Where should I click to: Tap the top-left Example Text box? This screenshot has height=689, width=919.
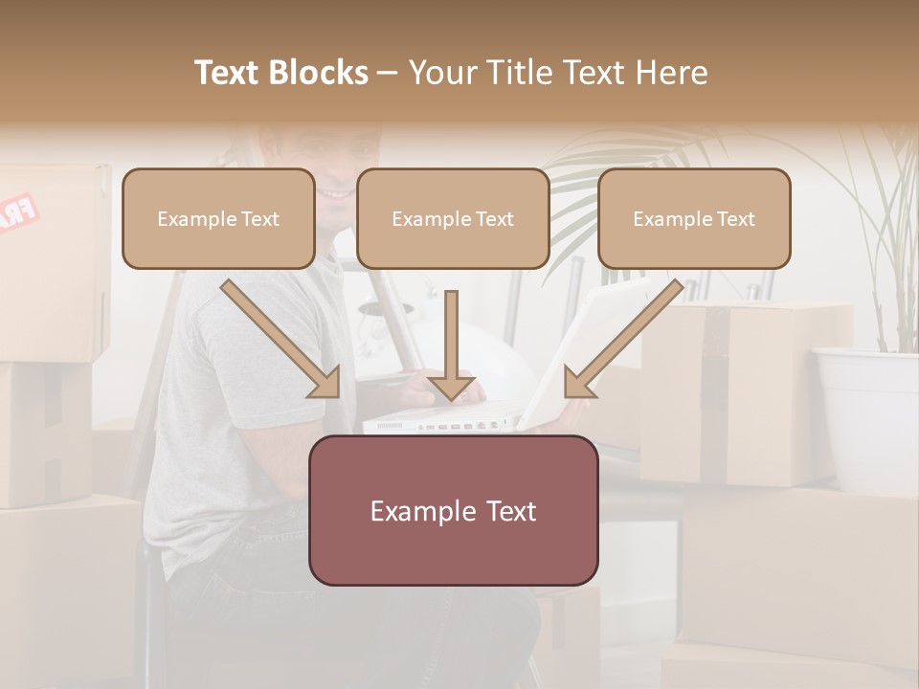218,218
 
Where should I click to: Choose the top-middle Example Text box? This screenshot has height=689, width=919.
453,218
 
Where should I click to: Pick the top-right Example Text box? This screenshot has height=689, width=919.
694,218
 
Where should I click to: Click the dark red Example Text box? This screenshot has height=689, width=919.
453,510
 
